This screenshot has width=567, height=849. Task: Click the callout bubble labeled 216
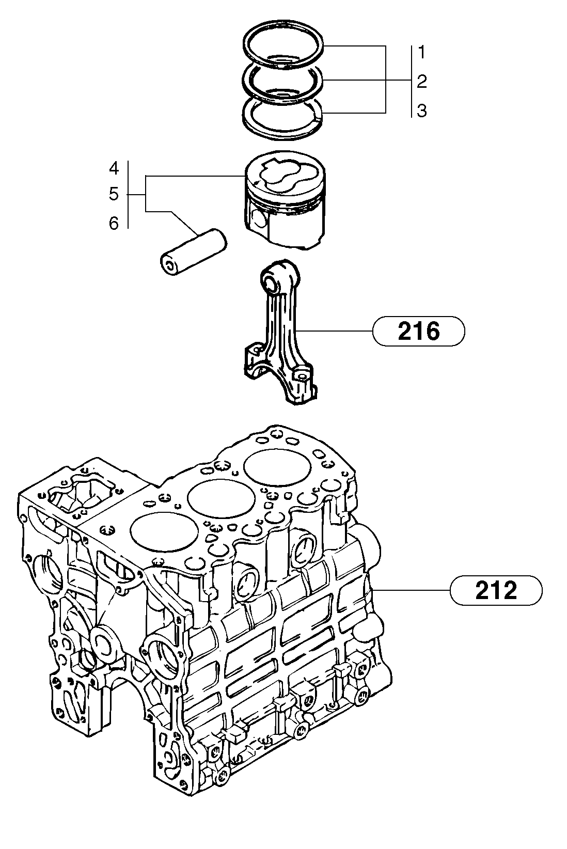[x=418, y=331]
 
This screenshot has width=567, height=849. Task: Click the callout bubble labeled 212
[x=496, y=590]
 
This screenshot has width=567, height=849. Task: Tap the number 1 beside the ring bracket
[x=422, y=52]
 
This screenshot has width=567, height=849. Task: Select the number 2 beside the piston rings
[x=422, y=81]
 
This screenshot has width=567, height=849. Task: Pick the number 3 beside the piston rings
[x=422, y=111]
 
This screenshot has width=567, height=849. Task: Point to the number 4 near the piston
[x=114, y=168]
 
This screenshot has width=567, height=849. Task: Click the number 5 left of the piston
[x=114, y=195]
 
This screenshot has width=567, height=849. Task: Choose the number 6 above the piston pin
[x=114, y=223]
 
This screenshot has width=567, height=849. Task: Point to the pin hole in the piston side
[x=259, y=220]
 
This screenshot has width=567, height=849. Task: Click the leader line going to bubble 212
[x=413, y=590]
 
